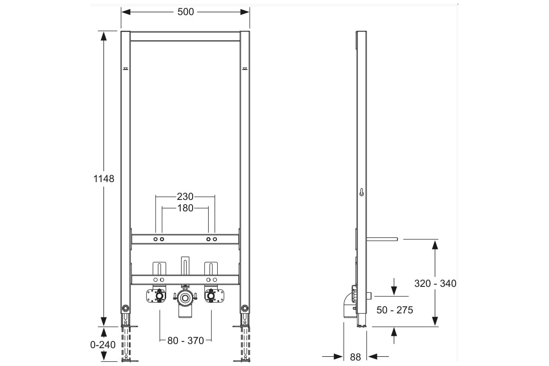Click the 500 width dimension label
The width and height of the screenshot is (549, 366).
click(186, 12)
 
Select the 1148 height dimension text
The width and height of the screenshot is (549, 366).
click(104, 179)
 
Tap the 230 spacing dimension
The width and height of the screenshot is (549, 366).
click(185, 196)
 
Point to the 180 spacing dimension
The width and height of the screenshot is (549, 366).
click(185, 208)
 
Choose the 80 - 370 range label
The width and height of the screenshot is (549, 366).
click(186, 340)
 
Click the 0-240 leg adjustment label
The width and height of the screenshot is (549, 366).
click(102, 344)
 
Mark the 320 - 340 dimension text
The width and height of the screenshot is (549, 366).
click(435, 283)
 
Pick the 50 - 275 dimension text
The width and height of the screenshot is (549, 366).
click(394, 310)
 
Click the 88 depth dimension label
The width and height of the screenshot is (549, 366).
click(355, 357)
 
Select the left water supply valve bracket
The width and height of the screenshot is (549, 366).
click(156, 296)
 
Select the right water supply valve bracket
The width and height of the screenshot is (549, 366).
click(214, 296)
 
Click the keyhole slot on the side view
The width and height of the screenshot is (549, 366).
click(361, 193)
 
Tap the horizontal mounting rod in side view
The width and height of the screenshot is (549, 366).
click(382, 239)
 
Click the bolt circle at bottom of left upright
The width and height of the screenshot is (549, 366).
click(125, 308)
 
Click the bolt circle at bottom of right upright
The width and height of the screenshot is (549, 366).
click(245, 308)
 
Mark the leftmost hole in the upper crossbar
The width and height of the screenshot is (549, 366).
click(156, 239)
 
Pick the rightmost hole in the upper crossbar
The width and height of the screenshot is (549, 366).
click(215, 239)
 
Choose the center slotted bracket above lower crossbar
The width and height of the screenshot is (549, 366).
click(185, 266)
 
